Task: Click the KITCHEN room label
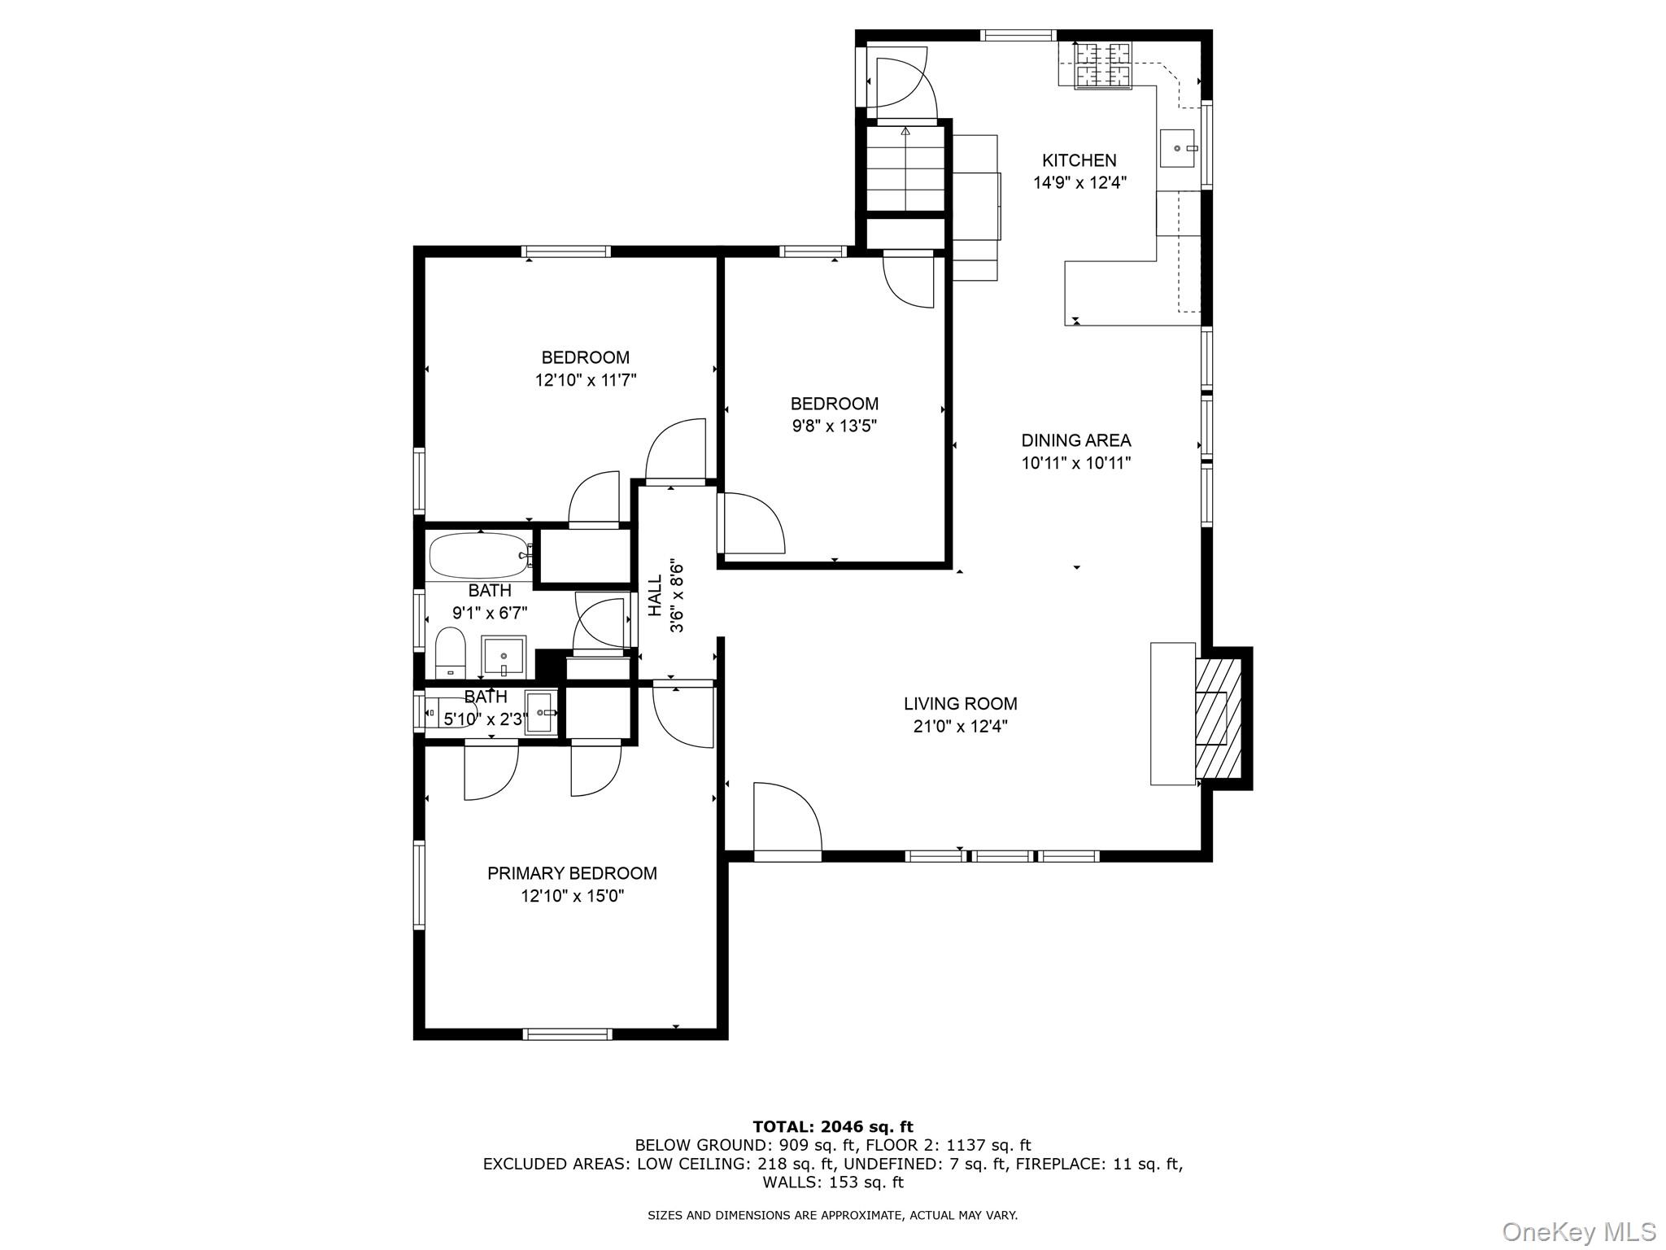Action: coord(1079,160)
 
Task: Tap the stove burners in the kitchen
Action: coord(1102,66)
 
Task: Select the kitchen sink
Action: coord(1176,148)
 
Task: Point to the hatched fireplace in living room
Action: coord(1219,718)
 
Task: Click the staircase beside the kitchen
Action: coord(905,168)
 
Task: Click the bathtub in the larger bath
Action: coord(479,556)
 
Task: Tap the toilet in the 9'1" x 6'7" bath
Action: coord(450,653)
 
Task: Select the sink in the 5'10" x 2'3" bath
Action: coord(541,712)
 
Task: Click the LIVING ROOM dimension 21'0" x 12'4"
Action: coord(960,727)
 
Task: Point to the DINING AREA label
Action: coord(1075,440)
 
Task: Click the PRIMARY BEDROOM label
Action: coord(572,873)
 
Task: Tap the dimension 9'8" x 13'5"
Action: coord(834,426)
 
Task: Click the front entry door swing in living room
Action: coord(786,818)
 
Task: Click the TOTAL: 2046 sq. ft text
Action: coord(832,1126)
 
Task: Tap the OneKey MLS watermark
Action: coord(1578,1231)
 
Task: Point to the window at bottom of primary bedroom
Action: coord(567,1034)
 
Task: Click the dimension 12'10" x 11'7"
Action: coord(585,380)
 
